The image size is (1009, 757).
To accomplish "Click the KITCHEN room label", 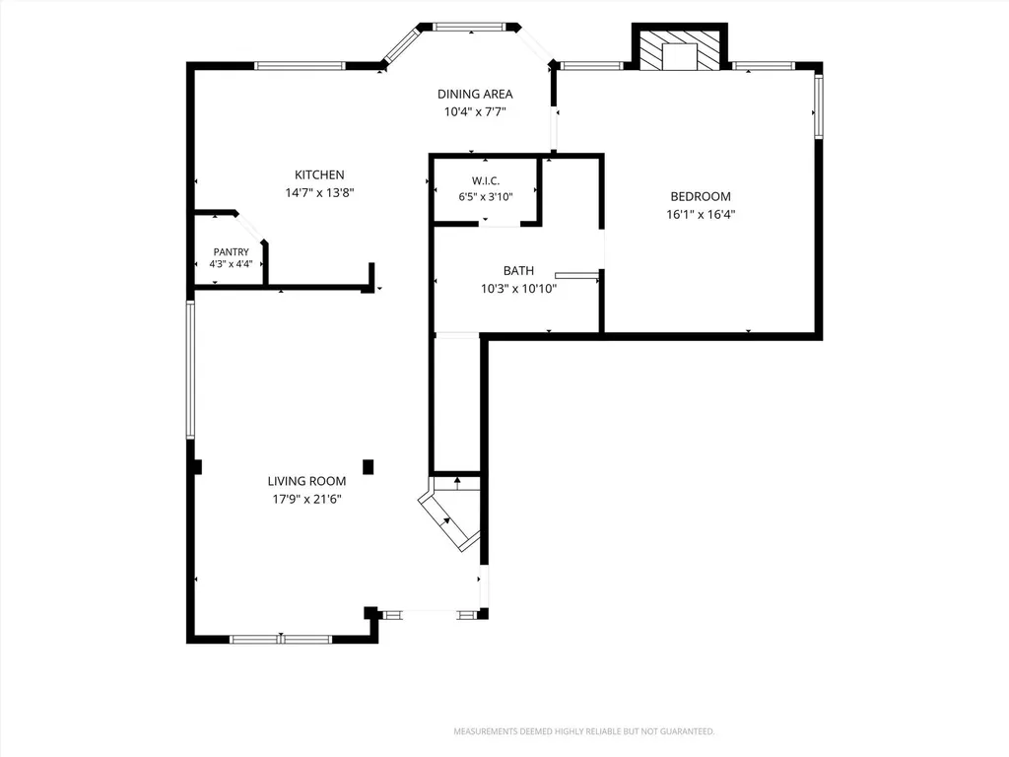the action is tap(319, 174).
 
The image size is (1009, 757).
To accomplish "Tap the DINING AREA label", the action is tap(475, 94).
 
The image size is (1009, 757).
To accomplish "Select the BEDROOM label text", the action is tap(701, 196).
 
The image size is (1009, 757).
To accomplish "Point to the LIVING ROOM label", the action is tap(307, 481).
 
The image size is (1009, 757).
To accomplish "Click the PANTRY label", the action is tap(231, 252).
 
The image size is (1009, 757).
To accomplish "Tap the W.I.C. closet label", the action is tap(486, 181).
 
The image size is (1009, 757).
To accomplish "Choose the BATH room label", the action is tap(518, 270).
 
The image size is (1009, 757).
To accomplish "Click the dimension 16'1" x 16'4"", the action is tap(701, 214).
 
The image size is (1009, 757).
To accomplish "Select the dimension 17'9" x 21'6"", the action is tap(307, 499).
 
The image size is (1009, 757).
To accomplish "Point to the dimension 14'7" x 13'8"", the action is tap(320, 192).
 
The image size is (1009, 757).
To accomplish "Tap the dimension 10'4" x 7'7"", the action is tap(475, 112).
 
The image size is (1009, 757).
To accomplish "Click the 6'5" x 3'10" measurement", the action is tap(486, 197).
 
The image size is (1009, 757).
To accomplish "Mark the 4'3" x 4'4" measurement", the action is tap(231, 264).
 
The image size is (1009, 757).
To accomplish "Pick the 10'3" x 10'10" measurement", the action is tap(518, 289).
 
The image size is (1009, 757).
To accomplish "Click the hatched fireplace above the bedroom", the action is tap(680, 49).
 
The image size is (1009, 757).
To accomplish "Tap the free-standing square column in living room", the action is tap(369, 466).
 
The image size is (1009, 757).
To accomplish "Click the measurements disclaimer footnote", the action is tap(584, 731).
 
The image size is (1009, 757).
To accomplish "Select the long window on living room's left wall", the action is tap(190, 370).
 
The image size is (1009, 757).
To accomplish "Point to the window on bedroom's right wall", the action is tap(819, 106).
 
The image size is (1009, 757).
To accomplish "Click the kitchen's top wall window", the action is tap(300, 66).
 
